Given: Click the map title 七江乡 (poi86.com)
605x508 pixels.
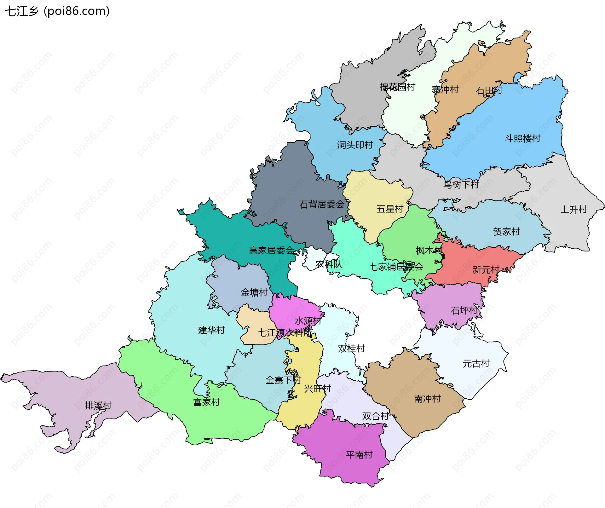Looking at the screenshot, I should [x=57, y=11].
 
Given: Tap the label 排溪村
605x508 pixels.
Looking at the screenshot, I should [x=98, y=406].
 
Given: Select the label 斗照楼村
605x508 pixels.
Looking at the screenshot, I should [x=522, y=138].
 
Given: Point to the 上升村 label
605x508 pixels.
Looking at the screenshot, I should [x=573, y=210].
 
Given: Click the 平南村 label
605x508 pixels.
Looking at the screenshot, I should [x=359, y=455].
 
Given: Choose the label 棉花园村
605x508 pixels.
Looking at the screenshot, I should [x=397, y=87].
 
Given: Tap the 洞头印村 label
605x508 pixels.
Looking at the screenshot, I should [x=355, y=145].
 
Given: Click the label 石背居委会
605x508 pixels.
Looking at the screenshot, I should [x=322, y=205].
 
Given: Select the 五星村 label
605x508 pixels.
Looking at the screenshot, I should [x=390, y=209].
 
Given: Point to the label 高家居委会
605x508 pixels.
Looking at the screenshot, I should [x=271, y=251].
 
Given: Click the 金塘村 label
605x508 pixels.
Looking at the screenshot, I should [x=254, y=292].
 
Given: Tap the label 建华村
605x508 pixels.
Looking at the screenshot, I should [x=211, y=330].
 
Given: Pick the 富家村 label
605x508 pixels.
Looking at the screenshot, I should [x=206, y=402].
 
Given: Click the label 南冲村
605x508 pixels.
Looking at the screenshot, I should [x=427, y=399].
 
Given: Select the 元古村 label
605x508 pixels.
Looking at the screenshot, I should [x=476, y=364].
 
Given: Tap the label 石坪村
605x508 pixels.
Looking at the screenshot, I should [x=464, y=311].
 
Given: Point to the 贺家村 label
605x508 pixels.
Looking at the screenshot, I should [x=506, y=232].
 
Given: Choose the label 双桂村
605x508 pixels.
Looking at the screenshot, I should [x=351, y=349].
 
